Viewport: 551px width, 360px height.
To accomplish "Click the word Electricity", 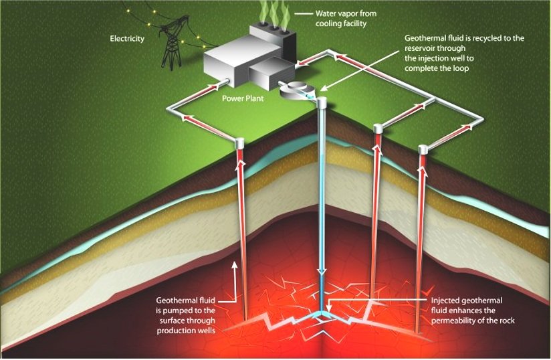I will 127,39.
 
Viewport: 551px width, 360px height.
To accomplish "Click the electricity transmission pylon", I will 172,47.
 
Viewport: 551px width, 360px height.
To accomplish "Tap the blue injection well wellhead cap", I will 322,103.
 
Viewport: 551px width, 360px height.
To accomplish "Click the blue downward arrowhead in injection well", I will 322,270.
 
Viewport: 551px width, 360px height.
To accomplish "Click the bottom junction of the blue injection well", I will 322,313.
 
